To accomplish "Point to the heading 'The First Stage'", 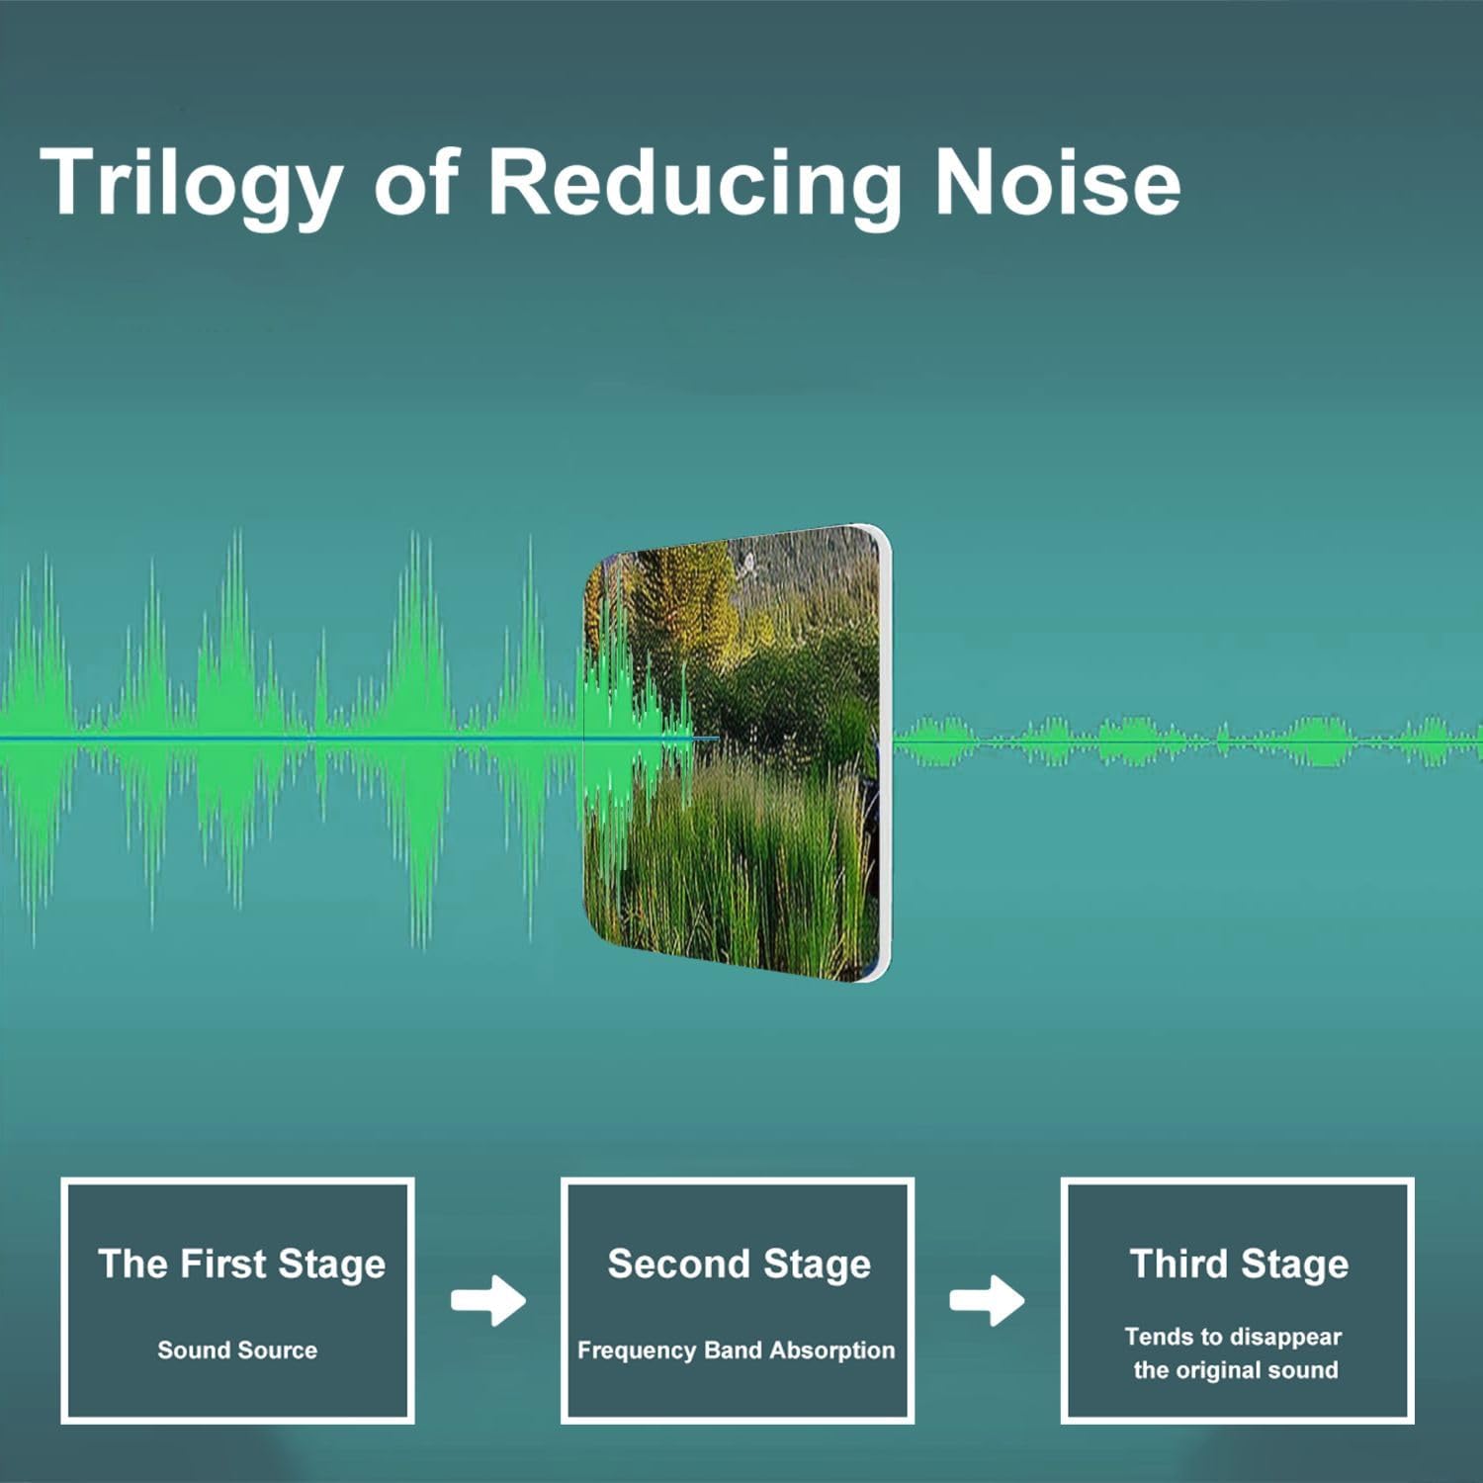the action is click(x=241, y=1265).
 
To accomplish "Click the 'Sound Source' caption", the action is click(x=237, y=1350).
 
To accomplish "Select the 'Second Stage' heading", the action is click(x=740, y=1265).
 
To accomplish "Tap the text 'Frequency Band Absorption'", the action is click(x=736, y=1351).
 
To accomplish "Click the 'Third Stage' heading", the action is click(x=1239, y=1265).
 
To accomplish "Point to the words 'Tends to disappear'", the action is click(x=1233, y=1337).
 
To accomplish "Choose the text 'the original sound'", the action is click(x=1236, y=1370).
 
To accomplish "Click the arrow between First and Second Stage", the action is click(x=488, y=1300).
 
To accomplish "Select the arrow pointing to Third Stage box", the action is click(x=987, y=1300).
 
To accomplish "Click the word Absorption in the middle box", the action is click(x=831, y=1351).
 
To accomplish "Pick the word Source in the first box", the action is click(x=279, y=1350).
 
